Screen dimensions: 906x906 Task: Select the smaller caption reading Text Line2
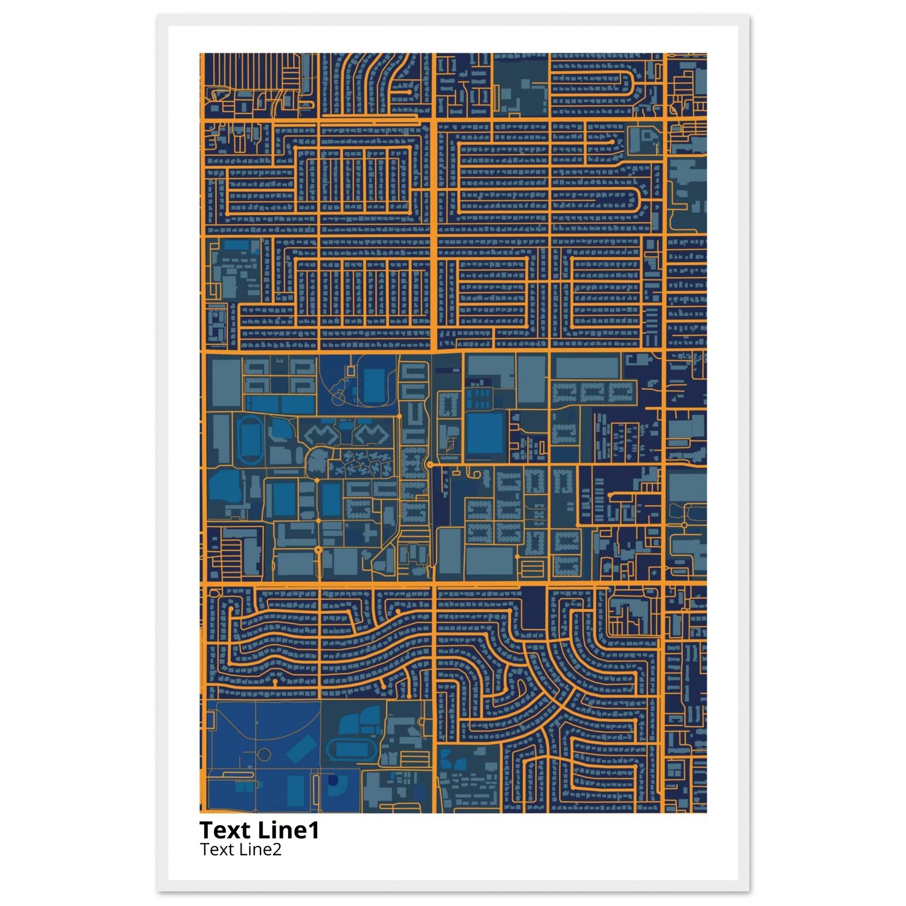coord(241,849)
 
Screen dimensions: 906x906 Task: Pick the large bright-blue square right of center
coord(484,433)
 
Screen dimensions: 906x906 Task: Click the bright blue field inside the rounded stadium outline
coord(374,385)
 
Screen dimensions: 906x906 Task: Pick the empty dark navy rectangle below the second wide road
coord(533,608)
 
